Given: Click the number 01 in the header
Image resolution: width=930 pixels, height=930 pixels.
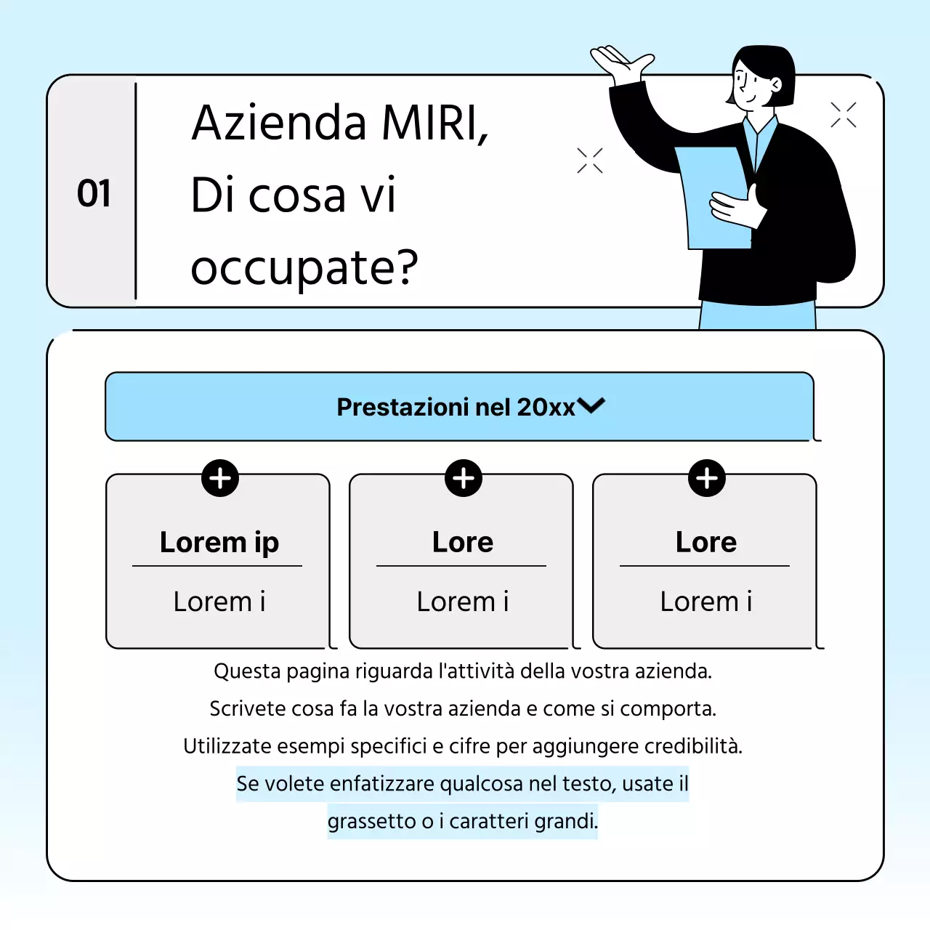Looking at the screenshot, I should [94, 194].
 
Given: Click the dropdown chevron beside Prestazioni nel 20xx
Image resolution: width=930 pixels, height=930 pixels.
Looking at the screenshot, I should [591, 405].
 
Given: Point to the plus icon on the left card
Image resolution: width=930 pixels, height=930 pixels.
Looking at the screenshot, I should [220, 478].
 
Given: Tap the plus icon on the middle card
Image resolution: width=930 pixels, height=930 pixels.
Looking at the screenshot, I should [464, 478].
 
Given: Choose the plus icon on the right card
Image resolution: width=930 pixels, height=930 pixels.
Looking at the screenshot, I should [707, 478].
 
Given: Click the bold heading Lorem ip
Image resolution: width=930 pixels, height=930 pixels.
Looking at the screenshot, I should [219, 542].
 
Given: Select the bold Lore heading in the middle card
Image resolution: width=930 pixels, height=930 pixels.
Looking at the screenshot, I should [463, 542].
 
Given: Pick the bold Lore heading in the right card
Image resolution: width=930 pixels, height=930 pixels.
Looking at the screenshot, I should [706, 542].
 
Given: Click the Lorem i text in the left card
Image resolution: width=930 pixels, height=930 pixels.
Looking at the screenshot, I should [219, 602].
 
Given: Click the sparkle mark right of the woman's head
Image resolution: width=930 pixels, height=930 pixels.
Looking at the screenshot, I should [844, 115].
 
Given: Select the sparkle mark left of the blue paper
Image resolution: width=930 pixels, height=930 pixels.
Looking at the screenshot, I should [590, 161].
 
